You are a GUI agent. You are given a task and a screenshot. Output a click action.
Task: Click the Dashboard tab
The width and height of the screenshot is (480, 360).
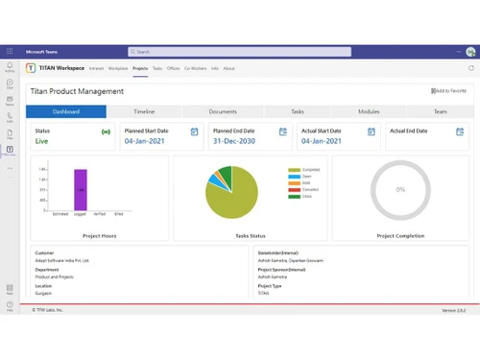(67, 111)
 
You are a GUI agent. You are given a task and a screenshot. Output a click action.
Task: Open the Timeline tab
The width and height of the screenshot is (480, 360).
(144, 111)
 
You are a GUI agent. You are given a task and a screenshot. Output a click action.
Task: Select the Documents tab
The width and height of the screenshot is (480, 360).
(223, 111)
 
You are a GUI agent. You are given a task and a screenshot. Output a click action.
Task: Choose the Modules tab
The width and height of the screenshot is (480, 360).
(369, 111)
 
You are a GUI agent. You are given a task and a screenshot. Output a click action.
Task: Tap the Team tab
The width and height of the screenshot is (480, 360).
(440, 111)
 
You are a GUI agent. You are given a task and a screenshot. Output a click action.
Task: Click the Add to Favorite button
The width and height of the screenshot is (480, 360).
(450, 91)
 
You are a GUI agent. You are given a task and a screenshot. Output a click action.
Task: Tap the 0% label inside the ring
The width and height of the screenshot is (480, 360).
(400, 189)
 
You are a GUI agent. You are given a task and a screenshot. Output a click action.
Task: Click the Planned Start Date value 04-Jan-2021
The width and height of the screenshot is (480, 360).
(146, 141)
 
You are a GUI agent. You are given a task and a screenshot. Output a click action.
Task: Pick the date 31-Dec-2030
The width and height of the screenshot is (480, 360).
(234, 141)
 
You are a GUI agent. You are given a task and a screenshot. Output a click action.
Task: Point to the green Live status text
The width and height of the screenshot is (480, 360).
(42, 141)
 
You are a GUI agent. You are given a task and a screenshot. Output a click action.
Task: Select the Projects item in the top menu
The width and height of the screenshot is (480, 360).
(140, 68)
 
